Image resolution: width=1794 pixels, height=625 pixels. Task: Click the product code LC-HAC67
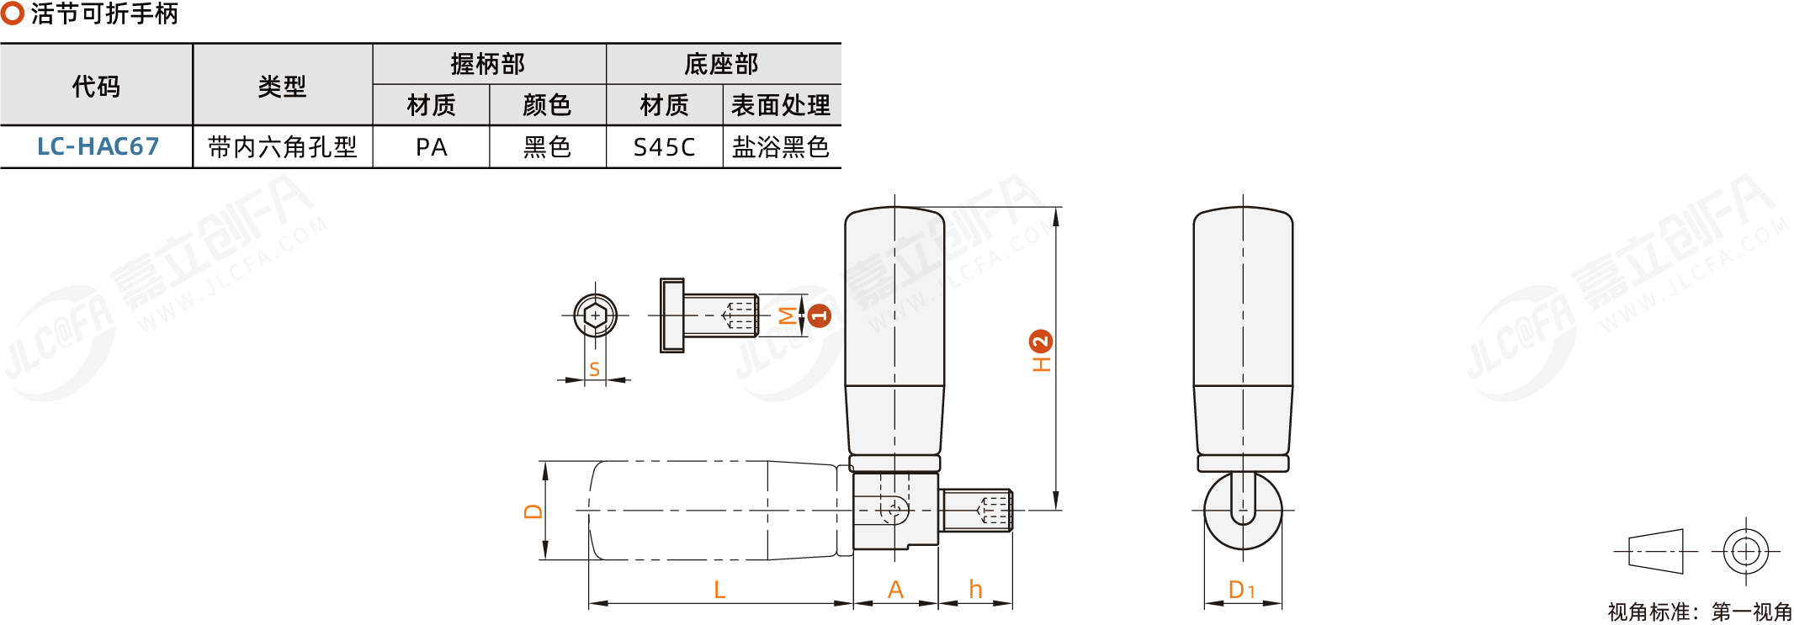[98, 147]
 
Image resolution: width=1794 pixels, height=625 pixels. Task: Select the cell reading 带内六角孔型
[282, 147]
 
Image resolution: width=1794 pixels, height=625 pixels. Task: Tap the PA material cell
[431, 147]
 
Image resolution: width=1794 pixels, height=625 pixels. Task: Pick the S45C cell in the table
[664, 147]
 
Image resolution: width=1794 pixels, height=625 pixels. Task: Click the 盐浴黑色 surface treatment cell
[781, 147]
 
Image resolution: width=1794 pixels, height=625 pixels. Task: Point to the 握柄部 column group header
[488, 64]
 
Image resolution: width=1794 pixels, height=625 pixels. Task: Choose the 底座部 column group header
[722, 64]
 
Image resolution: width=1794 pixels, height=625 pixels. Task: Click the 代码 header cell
[96, 86]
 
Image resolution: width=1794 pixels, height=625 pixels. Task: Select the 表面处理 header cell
[781, 105]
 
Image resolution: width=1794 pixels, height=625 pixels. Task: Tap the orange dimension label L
[719, 590]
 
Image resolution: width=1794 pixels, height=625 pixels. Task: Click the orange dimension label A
[895, 590]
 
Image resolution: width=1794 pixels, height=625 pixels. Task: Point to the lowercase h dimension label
[975, 590]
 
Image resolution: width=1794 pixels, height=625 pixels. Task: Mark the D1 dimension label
[1241, 590]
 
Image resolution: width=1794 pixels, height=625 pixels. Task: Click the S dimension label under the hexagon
[595, 368]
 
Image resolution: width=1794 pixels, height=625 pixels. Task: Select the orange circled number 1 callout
[819, 315]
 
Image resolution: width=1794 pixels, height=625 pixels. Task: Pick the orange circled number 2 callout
[1041, 342]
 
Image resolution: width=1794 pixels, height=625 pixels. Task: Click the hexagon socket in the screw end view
[595, 315]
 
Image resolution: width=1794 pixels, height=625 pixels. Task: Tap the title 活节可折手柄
[104, 13]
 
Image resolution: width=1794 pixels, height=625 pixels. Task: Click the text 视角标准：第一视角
[1700, 612]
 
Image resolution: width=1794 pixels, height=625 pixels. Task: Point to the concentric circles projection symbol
[1746, 552]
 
